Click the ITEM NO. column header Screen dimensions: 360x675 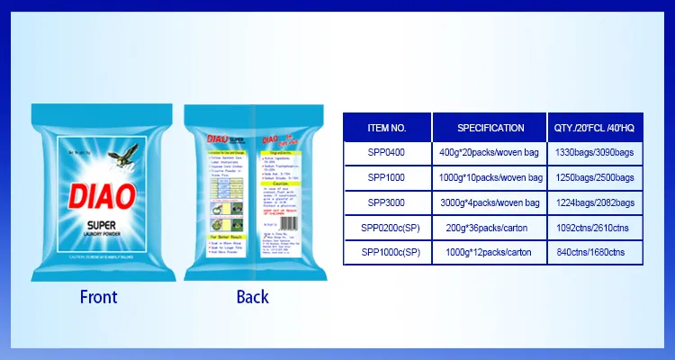[388, 128]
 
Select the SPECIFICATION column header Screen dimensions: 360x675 [490, 128]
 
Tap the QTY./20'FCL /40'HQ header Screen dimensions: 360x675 [596, 128]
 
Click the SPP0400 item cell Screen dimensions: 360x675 [388, 153]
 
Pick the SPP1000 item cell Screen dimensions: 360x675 [388, 178]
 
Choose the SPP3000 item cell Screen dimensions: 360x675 [388, 203]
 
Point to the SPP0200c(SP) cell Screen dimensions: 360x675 [388, 229]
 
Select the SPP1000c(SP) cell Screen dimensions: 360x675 [388, 254]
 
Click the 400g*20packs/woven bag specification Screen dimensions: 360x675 [490, 153]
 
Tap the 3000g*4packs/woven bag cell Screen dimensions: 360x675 [490, 203]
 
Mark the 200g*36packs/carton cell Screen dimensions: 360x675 [490, 229]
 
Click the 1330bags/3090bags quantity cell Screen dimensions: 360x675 [596, 153]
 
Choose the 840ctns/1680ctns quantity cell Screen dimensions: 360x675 [596, 254]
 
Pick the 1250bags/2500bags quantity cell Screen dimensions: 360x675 [596, 178]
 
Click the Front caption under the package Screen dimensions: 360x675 [98, 296]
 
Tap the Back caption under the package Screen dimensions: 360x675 [252, 296]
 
